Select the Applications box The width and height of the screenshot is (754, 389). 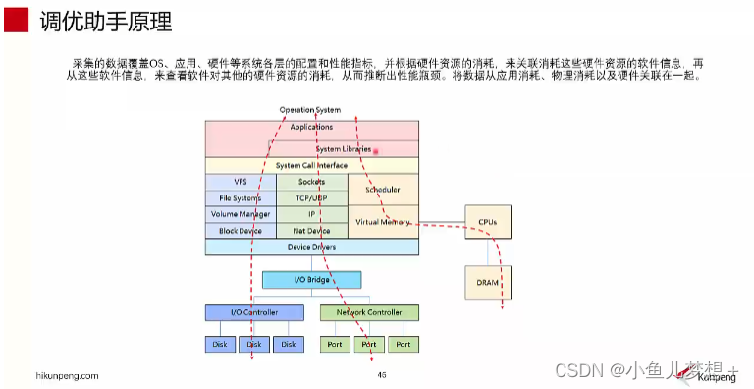[x=311, y=128]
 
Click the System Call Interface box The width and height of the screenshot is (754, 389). [x=311, y=166]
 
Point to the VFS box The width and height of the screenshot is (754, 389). [x=241, y=183]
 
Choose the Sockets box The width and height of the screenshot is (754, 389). [x=311, y=183]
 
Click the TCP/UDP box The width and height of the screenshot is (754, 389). [x=311, y=197]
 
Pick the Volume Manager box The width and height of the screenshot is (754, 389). [x=241, y=214]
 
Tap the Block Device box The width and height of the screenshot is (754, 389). [x=241, y=231]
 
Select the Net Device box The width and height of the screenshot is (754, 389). [x=311, y=231]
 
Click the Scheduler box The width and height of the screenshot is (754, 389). [x=383, y=189]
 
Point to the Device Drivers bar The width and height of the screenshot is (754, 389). [x=311, y=247]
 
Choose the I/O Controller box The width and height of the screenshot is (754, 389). [x=254, y=312]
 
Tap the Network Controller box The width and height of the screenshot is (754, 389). [x=369, y=312]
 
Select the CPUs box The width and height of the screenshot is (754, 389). [x=488, y=223]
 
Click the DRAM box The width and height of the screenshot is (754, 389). [x=488, y=282]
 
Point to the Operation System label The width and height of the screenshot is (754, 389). [x=310, y=110]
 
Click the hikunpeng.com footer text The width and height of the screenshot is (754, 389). [x=67, y=375]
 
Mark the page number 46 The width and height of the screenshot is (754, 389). [x=381, y=375]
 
